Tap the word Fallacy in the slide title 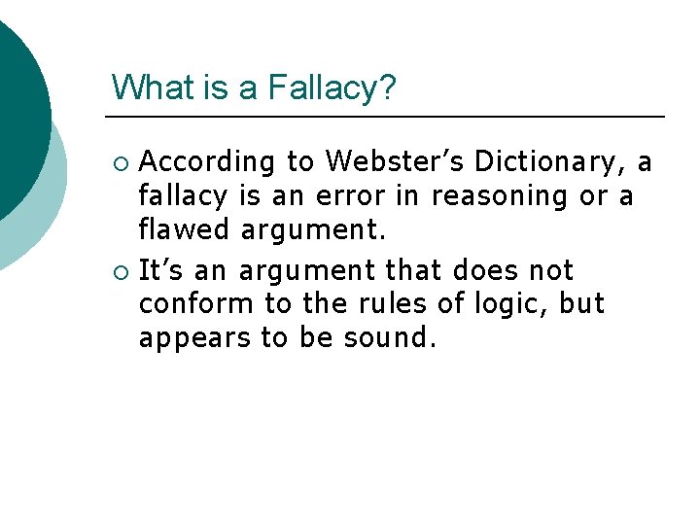coord(332,89)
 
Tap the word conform coord(195,304)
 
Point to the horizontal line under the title coord(389,117)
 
